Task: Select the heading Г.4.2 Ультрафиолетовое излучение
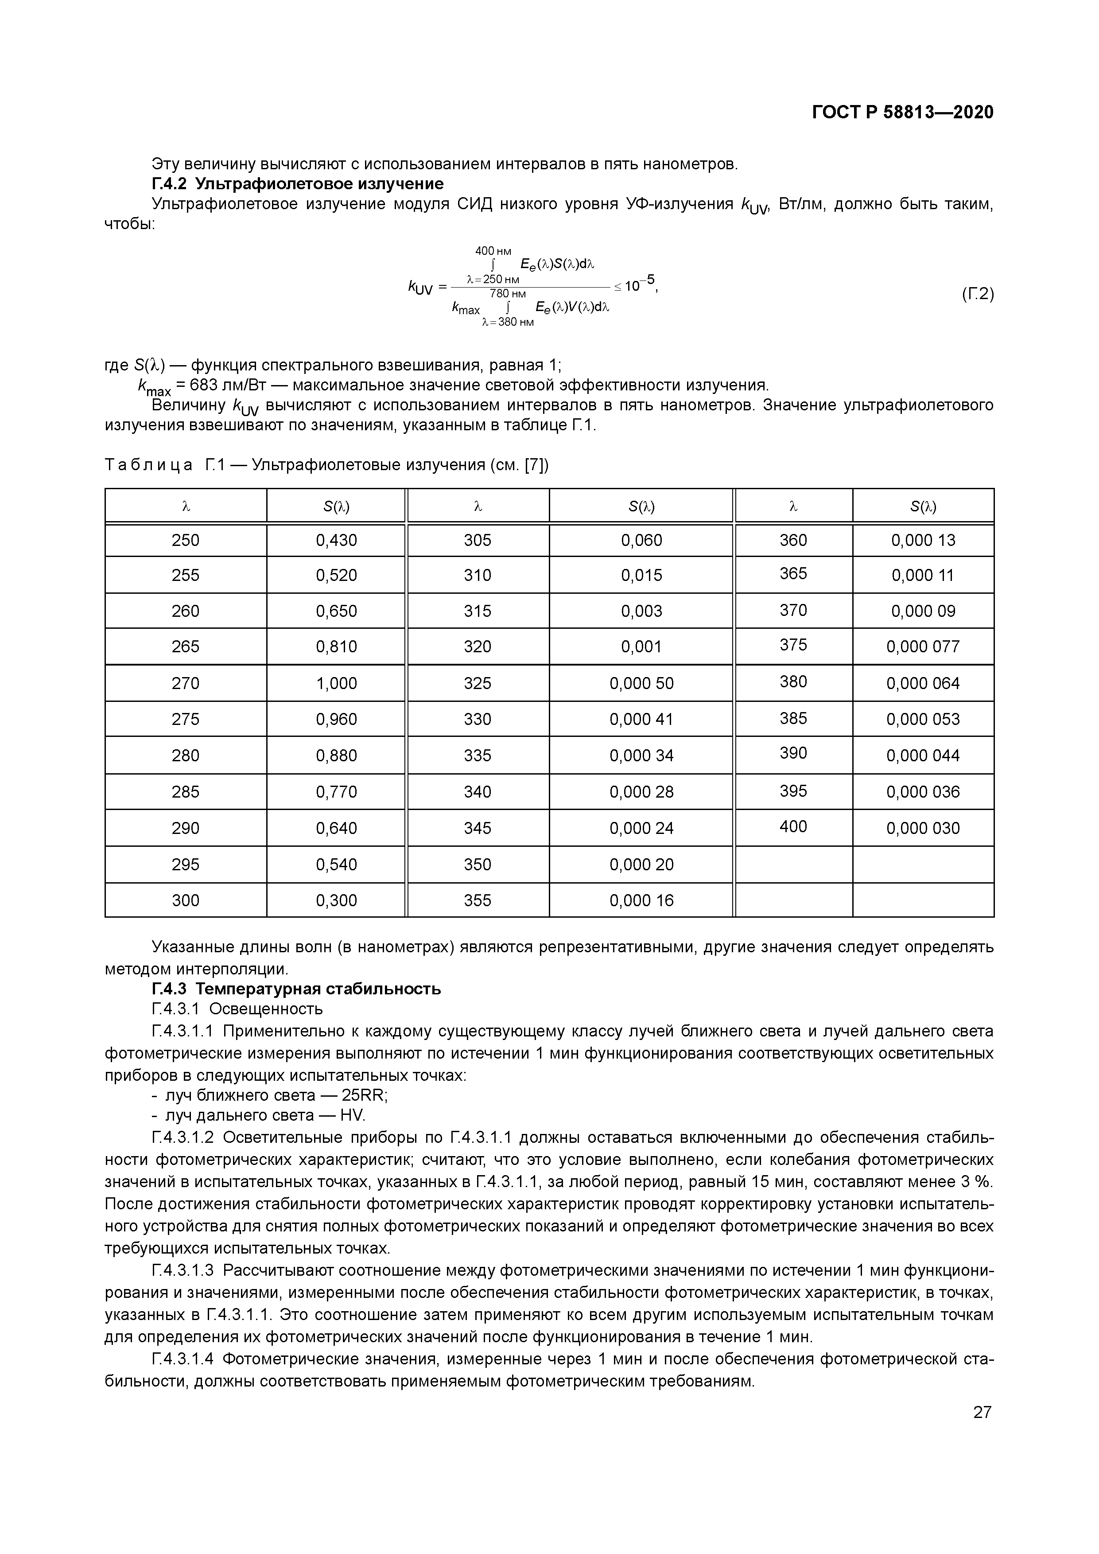[297, 184]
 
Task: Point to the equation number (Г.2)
[977, 294]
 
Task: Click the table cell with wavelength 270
[186, 683]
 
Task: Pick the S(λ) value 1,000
[336, 683]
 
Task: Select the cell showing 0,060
[641, 540]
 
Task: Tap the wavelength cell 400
[793, 826]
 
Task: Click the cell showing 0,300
[336, 900]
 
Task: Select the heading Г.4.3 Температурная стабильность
[296, 989]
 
